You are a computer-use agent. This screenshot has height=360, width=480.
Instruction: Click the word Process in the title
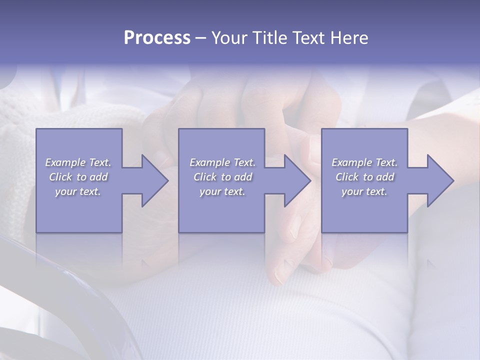coord(157,38)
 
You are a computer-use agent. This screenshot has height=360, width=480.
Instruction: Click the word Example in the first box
coord(65,162)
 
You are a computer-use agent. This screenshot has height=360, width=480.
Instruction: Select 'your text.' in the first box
coord(78,191)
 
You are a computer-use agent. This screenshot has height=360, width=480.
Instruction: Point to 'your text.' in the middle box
coord(222,191)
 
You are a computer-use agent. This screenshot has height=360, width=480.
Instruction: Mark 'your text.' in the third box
coord(364,191)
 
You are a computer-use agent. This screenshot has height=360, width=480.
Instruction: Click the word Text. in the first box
coord(99,162)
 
